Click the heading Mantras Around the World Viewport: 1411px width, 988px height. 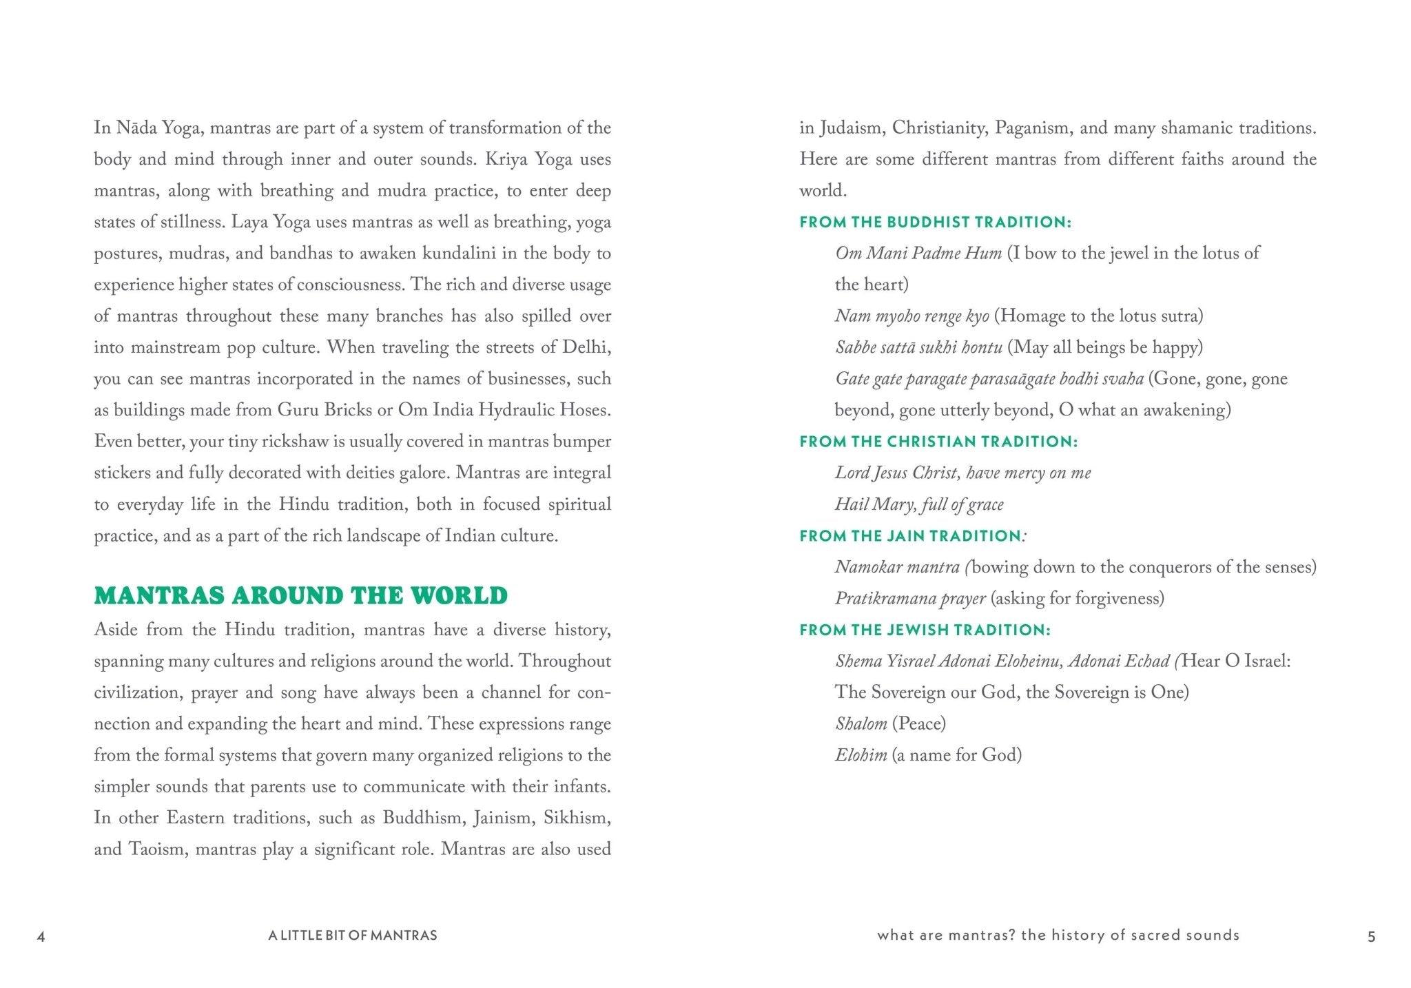tap(300, 595)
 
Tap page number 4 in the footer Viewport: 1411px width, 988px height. tap(41, 937)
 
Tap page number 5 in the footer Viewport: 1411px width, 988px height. tap(1371, 937)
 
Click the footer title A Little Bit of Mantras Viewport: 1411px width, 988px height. tap(353, 936)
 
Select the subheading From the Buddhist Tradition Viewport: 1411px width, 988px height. tap(935, 222)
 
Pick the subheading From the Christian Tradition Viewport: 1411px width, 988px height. tap(938, 442)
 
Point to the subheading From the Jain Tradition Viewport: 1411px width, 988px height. tap(911, 536)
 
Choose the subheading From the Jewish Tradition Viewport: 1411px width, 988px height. tap(925, 630)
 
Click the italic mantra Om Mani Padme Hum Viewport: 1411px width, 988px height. tap(918, 254)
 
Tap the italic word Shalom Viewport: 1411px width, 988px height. tap(861, 724)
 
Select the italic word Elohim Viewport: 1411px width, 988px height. tap(861, 755)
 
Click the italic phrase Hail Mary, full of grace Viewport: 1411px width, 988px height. tap(919, 505)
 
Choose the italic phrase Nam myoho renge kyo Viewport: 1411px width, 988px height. tap(912, 316)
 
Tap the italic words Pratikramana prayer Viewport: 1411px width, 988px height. tap(910, 599)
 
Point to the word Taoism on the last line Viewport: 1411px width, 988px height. tap(158, 849)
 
